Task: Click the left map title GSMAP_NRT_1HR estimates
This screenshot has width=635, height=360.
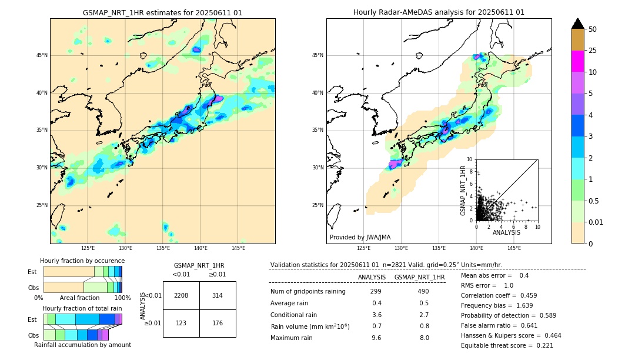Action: [x=162, y=12]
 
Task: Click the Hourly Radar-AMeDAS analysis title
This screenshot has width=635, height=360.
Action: [x=439, y=12]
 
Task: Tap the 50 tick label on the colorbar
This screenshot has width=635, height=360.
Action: [x=593, y=29]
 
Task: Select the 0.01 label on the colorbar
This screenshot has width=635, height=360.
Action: [x=596, y=222]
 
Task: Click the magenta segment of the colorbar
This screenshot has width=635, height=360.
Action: [x=577, y=61]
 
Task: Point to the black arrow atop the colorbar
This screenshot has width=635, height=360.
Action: [x=577, y=24]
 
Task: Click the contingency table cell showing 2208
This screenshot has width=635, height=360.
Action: [x=181, y=295]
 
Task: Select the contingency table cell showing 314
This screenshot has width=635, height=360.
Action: [x=218, y=295]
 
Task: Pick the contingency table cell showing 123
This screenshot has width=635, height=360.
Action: [x=181, y=323]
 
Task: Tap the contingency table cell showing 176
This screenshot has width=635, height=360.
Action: [x=218, y=323]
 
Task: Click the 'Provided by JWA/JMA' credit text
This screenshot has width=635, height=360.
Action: [x=360, y=238]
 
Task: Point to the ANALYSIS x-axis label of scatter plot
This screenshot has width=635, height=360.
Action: [x=506, y=232]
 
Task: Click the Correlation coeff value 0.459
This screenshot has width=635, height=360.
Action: [x=541, y=295]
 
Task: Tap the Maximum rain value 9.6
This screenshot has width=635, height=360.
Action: [x=376, y=338]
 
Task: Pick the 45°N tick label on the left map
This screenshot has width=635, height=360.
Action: [x=42, y=55]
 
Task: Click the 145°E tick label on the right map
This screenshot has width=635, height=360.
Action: [x=514, y=249]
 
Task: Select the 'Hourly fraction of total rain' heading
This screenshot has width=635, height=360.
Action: [x=82, y=308]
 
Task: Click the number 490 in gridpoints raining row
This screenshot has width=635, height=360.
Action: [x=423, y=292]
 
